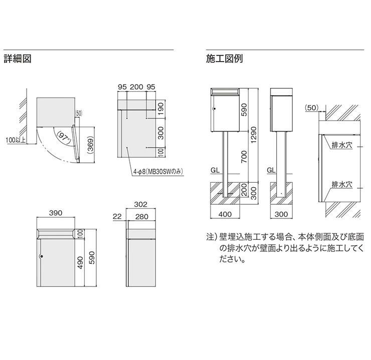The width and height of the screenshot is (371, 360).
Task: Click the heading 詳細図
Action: (x=18, y=59)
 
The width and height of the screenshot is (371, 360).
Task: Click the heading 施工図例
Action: (x=224, y=59)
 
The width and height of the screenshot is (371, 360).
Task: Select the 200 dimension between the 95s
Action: (x=136, y=87)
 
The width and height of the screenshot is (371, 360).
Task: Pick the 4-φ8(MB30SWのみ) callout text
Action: (x=158, y=171)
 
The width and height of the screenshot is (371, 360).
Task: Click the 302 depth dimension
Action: (x=141, y=204)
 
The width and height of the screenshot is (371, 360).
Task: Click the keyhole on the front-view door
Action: (x=43, y=258)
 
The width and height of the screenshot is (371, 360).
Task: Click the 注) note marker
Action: (x=211, y=235)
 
